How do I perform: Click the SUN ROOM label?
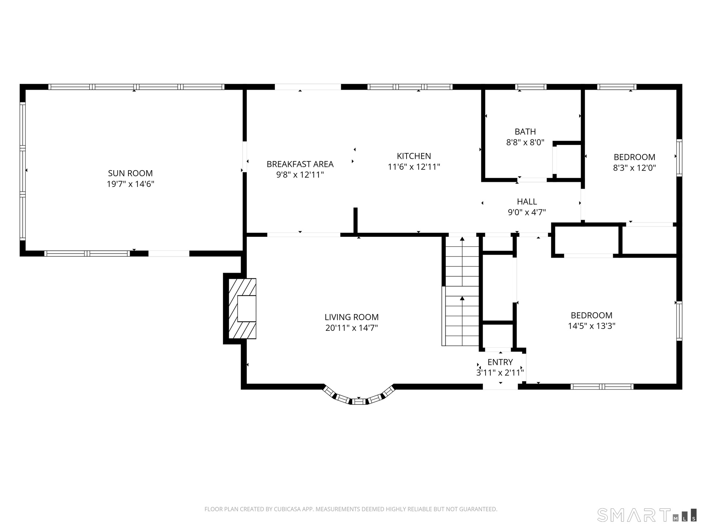(130, 173)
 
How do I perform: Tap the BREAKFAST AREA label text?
(300, 164)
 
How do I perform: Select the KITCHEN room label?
(414, 156)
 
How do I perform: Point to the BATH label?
(525, 131)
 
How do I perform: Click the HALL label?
(527, 201)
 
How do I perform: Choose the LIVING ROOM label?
(351, 317)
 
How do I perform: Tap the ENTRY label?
(500, 362)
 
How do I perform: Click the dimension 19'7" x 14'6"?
(130, 184)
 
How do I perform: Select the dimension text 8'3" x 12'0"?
(634, 168)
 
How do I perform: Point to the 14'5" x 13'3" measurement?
(592, 326)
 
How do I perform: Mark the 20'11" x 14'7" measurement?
(351, 328)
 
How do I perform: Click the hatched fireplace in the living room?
(242, 309)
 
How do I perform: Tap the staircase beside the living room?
(462, 291)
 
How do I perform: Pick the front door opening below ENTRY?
(500, 387)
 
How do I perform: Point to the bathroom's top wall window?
(531, 87)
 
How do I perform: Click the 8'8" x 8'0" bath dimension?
(525, 142)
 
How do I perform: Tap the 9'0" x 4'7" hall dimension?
(527, 212)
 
